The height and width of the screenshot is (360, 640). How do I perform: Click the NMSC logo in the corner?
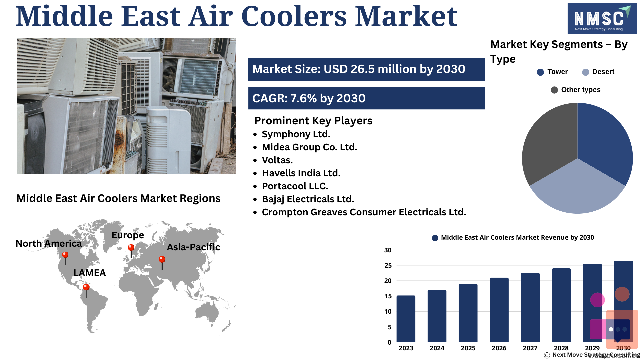[x=602, y=19]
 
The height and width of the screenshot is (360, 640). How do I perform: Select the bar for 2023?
[x=406, y=319]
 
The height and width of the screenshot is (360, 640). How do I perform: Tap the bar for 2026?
[x=499, y=310]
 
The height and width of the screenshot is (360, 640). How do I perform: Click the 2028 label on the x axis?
[x=561, y=348]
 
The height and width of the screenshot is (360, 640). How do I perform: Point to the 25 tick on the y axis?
[x=388, y=265]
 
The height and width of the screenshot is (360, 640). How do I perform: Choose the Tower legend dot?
[x=540, y=72]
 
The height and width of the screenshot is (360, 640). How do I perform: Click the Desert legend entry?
[x=598, y=72]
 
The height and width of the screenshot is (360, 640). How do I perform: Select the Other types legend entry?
[x=576, y=90]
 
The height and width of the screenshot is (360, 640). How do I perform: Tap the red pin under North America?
[x=65, y=258]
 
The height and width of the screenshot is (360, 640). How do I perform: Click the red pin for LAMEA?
[x=86, y=290]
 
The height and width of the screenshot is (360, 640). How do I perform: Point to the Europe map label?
[x=128, y=235]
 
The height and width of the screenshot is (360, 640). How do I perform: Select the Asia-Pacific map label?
[x=193, y=247]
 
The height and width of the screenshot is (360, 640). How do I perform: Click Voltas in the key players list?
[x=277, y=160]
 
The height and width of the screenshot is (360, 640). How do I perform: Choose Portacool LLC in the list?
[x=295, y=186]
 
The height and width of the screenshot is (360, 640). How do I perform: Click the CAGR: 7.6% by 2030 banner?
[x=367, y=98]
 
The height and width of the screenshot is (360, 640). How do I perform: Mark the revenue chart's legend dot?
[x=435, y=238]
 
